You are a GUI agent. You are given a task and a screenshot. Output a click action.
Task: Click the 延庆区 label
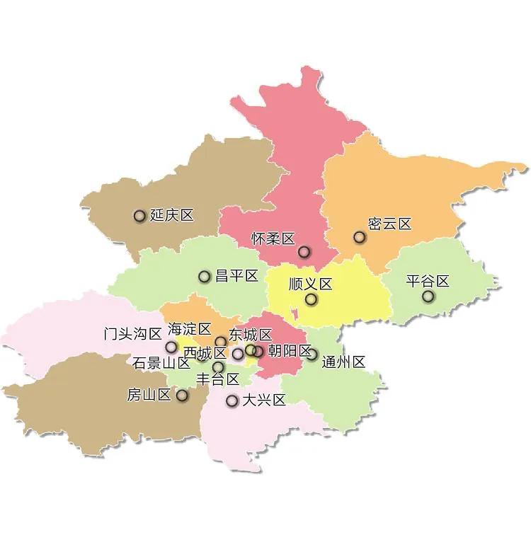(172, 216)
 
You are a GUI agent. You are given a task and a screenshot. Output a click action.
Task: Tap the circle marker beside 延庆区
(139, 216)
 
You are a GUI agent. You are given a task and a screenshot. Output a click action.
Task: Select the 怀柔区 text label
(273, 239)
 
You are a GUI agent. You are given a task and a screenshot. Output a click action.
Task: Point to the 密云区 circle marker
(360, 238)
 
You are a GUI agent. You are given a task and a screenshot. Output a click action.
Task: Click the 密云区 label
(390, 224)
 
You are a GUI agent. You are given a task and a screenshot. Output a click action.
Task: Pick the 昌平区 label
(236, 276)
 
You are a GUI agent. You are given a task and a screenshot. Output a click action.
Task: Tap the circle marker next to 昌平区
(205, 277)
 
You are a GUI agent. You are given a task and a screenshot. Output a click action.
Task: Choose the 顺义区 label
(311, 284)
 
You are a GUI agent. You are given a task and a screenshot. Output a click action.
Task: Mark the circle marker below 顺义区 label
(311, 299)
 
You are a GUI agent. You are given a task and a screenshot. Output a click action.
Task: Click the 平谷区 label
(428, 281)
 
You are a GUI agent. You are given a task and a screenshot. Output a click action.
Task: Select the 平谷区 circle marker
(428, 296)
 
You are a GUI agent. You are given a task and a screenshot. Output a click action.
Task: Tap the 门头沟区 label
(132, 334)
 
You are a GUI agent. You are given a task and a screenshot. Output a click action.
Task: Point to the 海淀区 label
(190, 329)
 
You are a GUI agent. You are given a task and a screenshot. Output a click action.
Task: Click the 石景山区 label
(161, 364)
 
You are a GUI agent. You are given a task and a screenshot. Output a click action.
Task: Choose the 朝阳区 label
(290, 351)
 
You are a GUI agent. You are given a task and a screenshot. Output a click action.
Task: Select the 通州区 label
(343, 362)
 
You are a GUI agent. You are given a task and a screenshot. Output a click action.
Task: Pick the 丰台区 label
(217, 379)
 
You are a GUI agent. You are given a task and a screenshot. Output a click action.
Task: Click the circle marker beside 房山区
(182, 396)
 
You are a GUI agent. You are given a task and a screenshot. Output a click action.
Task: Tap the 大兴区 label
(264, 400)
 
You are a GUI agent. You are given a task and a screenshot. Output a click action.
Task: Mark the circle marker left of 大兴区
(232, 401)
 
